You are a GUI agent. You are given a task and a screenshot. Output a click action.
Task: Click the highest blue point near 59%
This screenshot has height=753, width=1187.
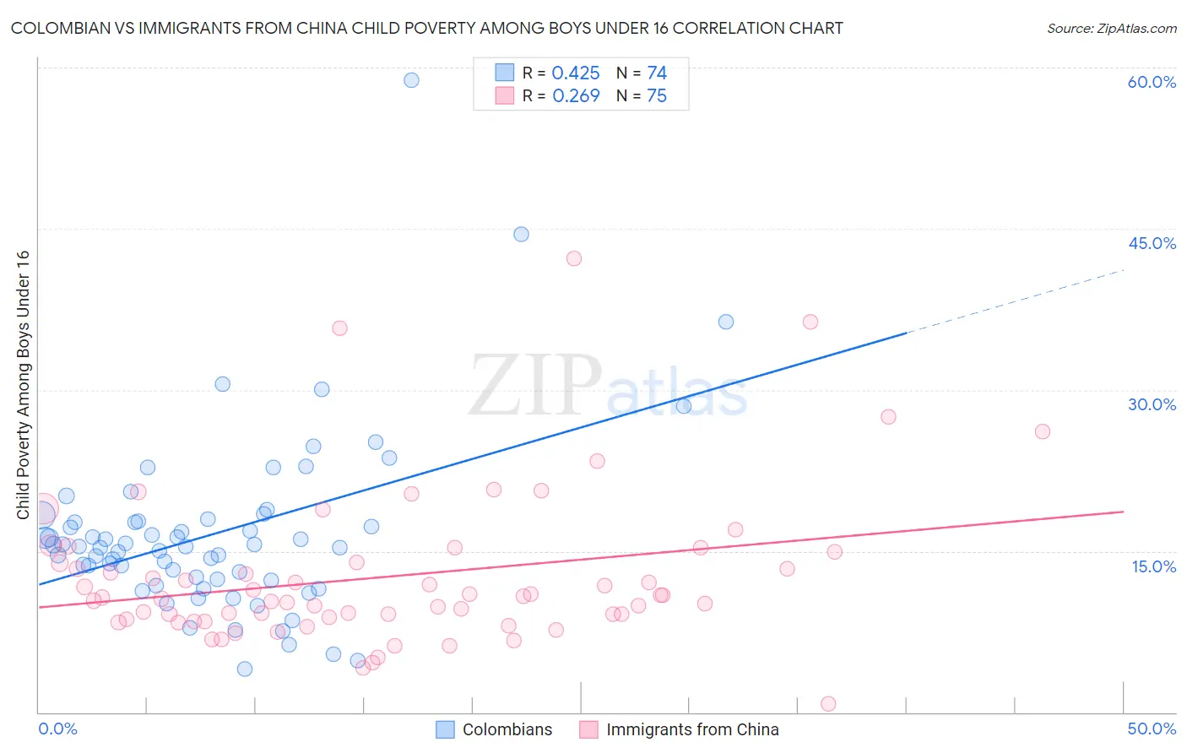click(x=411, y=80)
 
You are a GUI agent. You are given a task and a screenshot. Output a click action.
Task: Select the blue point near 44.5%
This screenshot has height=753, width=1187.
click(x=521, y=234)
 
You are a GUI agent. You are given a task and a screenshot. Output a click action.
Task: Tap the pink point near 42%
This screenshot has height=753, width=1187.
click(x=574, y=258)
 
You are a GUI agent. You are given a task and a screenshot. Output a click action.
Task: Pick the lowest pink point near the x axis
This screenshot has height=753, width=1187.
click(x=828, y=704)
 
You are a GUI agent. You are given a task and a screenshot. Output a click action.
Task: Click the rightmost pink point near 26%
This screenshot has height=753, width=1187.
click(x=1043, y=431)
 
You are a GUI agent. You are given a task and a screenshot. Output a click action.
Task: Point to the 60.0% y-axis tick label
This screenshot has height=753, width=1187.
click(x=1152, y=82)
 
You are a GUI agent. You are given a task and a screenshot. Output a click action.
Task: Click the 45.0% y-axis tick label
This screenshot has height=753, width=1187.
click(x=1152, y=243)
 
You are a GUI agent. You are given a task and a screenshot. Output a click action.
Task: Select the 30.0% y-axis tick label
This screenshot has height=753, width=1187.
click(x=1152, y=404)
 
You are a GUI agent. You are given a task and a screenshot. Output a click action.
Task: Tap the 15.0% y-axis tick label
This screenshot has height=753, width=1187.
click(x=1153, y=566)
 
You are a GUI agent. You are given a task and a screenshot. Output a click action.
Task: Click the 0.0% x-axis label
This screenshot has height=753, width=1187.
click(x=57, y=729)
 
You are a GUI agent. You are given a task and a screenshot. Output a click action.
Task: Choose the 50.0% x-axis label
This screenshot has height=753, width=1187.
click(x=1152, y=729)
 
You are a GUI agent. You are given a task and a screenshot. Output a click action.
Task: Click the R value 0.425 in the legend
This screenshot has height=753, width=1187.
click(x=576, y=73)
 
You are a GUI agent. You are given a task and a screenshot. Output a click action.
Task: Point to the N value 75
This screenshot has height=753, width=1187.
click(x=657, y=96)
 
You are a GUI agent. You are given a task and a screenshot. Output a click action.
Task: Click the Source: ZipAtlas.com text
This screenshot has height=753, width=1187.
click(x=1111, y=29)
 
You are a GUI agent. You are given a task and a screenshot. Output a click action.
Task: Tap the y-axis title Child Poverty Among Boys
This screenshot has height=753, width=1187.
click(x=23, y=385)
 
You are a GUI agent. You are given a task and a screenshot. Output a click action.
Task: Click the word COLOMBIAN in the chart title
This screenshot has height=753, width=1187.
click(x=57, y=29)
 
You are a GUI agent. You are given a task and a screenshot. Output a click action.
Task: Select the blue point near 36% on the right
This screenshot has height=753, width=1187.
click(x=726, y=322)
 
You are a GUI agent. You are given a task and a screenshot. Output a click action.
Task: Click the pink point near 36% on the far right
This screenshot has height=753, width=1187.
click(x=810, y=322)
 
